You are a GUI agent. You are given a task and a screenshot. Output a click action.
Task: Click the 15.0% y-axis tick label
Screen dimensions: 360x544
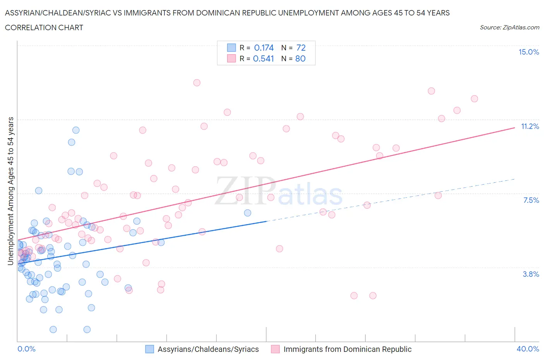coord(529,52)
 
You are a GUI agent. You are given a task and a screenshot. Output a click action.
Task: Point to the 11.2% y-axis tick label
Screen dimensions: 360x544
coord(530,126)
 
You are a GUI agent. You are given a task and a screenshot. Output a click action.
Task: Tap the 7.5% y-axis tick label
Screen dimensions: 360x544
coord(531,200)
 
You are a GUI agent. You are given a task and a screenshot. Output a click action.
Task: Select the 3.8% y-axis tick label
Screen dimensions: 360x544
coord(531,274)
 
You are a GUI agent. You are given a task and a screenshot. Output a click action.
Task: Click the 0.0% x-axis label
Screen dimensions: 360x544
coord(26,349)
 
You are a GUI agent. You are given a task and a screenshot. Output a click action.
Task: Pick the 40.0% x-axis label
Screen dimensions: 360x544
coord(528,349)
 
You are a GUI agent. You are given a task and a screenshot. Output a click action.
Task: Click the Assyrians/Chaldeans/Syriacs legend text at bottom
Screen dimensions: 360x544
coord(208,349)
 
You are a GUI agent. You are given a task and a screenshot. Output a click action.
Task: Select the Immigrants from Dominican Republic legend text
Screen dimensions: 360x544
coord(347,349)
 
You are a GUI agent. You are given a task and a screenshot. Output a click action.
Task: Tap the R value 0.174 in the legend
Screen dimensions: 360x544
coord(264,48)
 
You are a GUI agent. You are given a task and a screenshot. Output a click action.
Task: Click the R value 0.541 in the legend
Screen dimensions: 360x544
coord(263,58)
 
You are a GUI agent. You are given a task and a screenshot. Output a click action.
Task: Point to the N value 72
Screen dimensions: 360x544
coord(301,48)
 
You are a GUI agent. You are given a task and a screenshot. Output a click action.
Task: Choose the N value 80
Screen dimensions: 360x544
coord(300,58)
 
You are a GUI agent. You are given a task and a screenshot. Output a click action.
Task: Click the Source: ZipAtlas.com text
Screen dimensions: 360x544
coord(509,27)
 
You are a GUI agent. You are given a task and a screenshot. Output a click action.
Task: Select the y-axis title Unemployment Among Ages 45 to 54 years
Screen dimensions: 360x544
coord(10,191)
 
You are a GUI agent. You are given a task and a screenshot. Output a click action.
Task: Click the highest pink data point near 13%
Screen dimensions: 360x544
coord(197,82)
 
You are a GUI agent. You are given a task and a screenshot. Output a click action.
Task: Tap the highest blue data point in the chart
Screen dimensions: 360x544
coord(76,130)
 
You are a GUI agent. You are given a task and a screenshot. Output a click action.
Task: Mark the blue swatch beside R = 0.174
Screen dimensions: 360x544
coord(231,48)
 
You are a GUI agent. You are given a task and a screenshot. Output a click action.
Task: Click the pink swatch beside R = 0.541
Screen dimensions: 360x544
coord(231,58)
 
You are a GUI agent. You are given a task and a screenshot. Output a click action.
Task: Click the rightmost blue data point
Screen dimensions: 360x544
coord(248,213)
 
